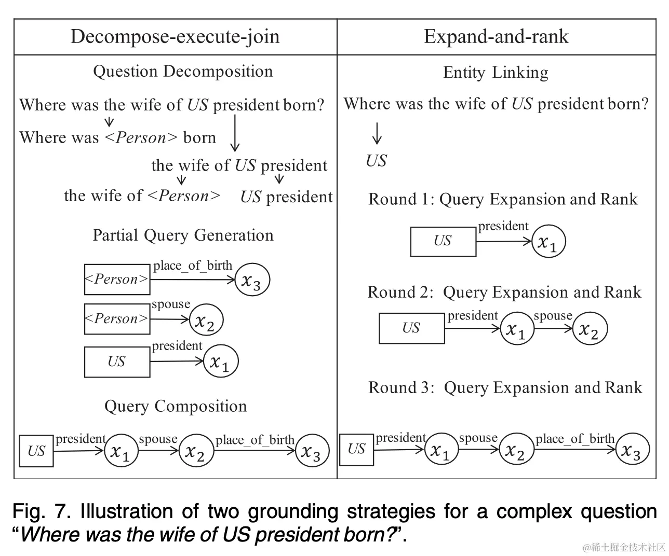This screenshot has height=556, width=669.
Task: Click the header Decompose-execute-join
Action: pos(175,36)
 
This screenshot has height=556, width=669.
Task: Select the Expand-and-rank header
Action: pos(496,36)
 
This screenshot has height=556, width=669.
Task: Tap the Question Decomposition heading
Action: pos(183,71)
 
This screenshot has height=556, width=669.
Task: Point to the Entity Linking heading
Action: pos(496,73)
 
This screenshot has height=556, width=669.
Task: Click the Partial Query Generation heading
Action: pos(183,235)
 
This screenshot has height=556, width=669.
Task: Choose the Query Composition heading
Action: pos(176,406)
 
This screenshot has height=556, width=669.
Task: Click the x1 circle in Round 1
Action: pos(548,242)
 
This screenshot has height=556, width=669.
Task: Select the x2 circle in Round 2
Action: pos(590,329)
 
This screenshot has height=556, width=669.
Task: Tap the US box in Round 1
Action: pos(443,241)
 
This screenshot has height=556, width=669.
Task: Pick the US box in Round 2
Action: pos(411,328)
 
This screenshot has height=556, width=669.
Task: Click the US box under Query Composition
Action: pos(36,451)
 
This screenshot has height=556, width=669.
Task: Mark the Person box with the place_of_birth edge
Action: pos(117,280)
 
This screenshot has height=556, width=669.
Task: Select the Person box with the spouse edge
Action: pos(117,319)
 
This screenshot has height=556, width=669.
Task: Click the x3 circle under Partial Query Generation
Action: pos(252,280)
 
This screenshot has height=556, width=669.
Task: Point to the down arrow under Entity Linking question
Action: pos(377,133)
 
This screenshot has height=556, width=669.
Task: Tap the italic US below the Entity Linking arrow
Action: pos(376,161)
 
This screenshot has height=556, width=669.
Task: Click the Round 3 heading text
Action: pos(505,387)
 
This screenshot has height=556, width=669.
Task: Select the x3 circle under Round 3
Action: pos(632,450)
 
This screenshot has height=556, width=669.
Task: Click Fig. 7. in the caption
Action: pos(42,511)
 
